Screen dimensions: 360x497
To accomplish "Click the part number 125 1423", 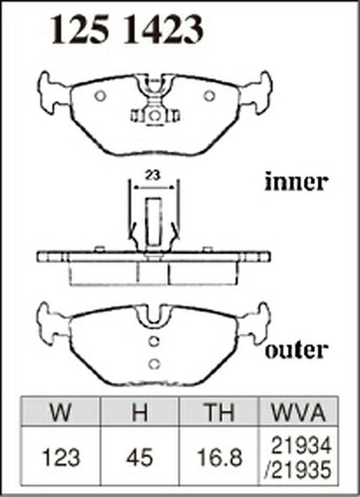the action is point(126,30).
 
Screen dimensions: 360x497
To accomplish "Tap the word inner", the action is point(295,182).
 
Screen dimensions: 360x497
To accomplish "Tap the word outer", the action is point(296,350).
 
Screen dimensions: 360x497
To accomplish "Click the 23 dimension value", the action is point(153,175).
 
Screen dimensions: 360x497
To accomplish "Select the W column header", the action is point(61,412).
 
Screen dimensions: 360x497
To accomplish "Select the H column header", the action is point(139,412).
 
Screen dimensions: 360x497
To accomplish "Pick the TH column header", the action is point(219,412).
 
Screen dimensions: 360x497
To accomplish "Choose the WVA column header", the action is point(299,412).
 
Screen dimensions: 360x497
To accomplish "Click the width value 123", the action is point(61,458).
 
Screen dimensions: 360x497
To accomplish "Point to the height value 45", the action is point(139,458).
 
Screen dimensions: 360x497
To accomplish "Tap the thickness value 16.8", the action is point(219,458).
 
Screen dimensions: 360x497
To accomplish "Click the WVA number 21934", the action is point(301,445).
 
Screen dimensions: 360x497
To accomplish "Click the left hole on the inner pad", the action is point(100,96).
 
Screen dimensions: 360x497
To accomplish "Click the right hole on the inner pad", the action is point(209,96).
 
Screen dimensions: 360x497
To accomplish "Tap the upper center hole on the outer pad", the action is point(154,341).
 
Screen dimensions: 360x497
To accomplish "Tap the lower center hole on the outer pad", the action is point(154,365).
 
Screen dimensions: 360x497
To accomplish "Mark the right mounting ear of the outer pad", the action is point(256,324).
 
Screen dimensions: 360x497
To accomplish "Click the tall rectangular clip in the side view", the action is point(153,223).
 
